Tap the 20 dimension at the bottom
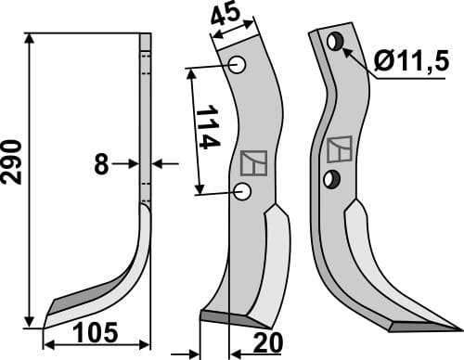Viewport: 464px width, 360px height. (x=267, y=343)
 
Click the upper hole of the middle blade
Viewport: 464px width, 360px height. (x=238, y=65)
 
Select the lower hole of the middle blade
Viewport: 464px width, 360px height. (x=243, y=191)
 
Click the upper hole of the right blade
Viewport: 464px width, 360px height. (x=334, y=41)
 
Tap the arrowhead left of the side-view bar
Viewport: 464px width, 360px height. (x=134, y=164)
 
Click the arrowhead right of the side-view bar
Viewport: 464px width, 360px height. (x=157, y=164)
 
